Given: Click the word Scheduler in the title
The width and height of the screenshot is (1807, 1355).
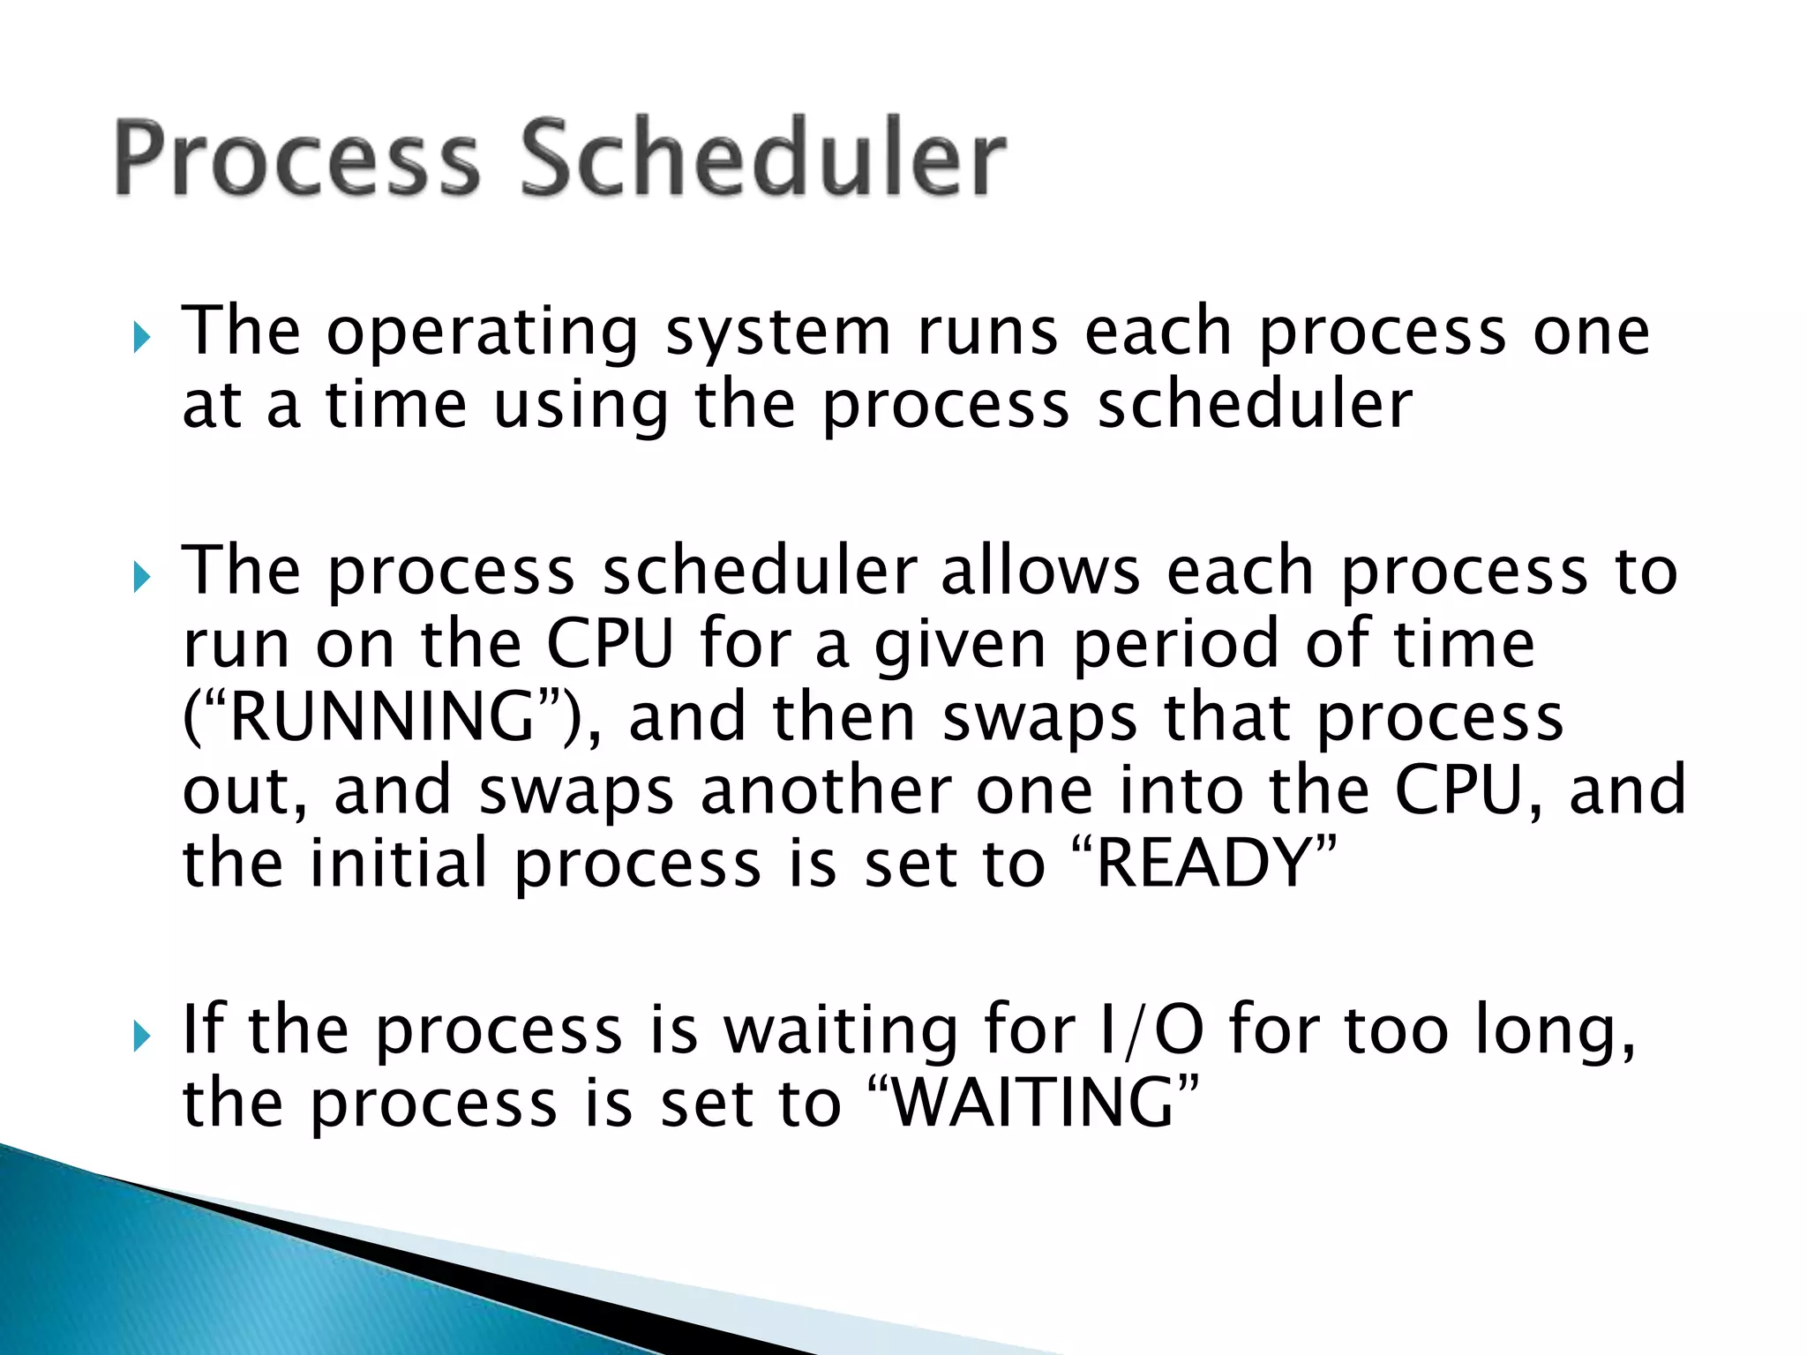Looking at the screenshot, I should coord(763,159).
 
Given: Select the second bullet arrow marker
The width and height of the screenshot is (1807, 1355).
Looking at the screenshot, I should coord(141,578).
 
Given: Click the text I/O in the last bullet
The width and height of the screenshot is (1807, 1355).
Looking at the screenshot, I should coord(1152,1029).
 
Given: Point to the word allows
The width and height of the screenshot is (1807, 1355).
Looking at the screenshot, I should coord(1041,572).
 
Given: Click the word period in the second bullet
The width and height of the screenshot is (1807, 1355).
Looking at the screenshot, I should coord(1176,644).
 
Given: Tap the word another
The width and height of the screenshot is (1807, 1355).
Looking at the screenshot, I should coord(826,790).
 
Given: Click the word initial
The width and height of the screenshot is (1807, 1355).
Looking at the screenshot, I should coord(399,862).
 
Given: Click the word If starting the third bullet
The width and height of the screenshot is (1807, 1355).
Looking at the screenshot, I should coord(202,1029).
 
